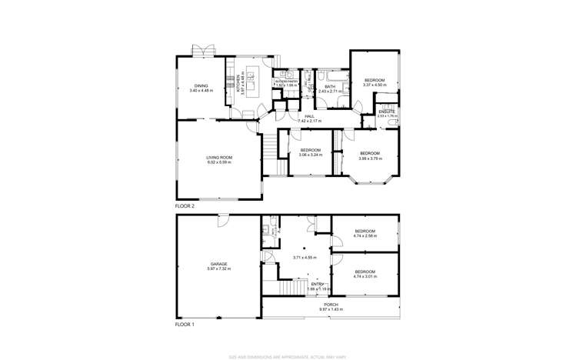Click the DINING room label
201,86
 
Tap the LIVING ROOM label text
219,158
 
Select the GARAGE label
217,264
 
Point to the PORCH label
331,305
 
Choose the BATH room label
330,87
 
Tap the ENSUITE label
387,112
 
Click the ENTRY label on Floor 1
317,284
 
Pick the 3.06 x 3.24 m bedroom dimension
310,155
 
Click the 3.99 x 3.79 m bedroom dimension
371,158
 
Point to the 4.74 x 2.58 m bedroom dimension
365,236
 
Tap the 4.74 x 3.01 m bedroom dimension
365,276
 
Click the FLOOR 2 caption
185,207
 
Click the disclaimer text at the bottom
288,356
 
